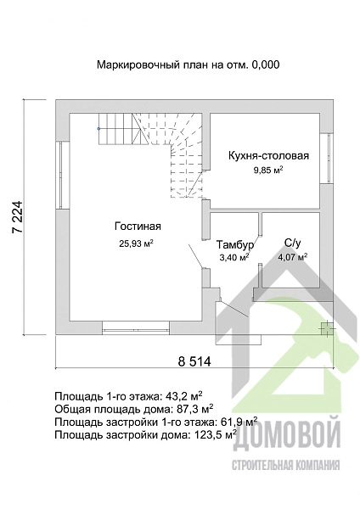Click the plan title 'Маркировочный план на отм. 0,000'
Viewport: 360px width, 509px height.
[x=188, y=64]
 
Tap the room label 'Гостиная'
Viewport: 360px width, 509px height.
[x=138, y=227]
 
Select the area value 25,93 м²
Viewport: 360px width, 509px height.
[x=136, y=243]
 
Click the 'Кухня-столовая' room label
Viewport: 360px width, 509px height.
[x=267, y=156]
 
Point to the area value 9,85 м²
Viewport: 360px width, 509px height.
[x=267, y=171]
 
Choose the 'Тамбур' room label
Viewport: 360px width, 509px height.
[x=234, y=243]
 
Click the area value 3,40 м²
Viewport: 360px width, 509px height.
[x=234, y=256]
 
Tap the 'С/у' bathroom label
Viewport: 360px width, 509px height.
[x=292, y=243]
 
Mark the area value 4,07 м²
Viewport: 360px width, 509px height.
[x=292, y=256]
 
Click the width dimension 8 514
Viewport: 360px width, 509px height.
[x=194, y=361]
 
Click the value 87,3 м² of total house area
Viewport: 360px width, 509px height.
[x=194, y=409]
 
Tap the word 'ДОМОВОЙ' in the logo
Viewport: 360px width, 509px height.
[x=286, y=439]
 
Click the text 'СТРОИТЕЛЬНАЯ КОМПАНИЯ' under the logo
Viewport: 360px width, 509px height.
[x=286, y=465]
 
